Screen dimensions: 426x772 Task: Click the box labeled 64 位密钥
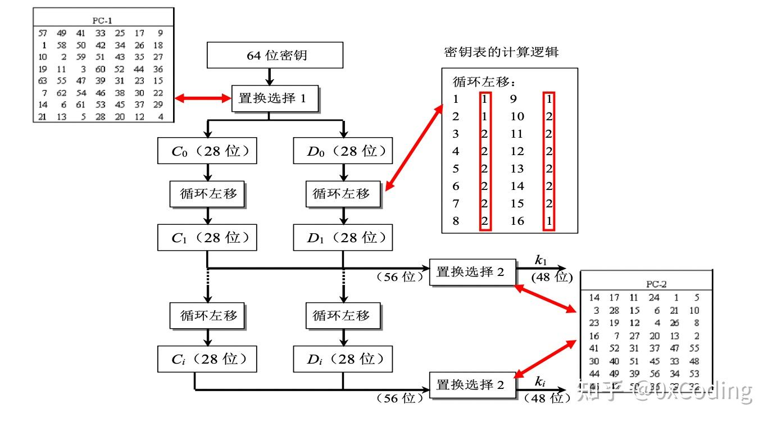[275, 56]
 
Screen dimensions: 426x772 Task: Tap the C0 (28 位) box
[207, 151]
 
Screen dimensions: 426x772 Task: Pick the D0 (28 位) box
[343, 151]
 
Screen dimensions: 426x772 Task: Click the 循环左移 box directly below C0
[208, 194]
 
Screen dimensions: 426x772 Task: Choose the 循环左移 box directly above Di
[343, 315]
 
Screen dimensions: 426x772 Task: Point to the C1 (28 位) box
[207, 238]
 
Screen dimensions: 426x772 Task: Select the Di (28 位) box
[343, 359]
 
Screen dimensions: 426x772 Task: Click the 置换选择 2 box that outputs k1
[473, 272]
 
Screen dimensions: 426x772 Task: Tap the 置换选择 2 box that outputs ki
[473, 385]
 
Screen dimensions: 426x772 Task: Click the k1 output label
[541, 260]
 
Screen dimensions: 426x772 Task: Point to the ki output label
[540, 382]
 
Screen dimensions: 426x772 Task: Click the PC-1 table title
[103, 20]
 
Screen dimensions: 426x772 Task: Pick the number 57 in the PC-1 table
[43, 33]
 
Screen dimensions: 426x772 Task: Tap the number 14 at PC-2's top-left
[594, 297]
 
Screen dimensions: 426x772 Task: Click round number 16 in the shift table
[517, 221]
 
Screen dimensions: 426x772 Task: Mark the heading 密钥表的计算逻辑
[501, 52]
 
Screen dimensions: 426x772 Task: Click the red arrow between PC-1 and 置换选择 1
[203, 99]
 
